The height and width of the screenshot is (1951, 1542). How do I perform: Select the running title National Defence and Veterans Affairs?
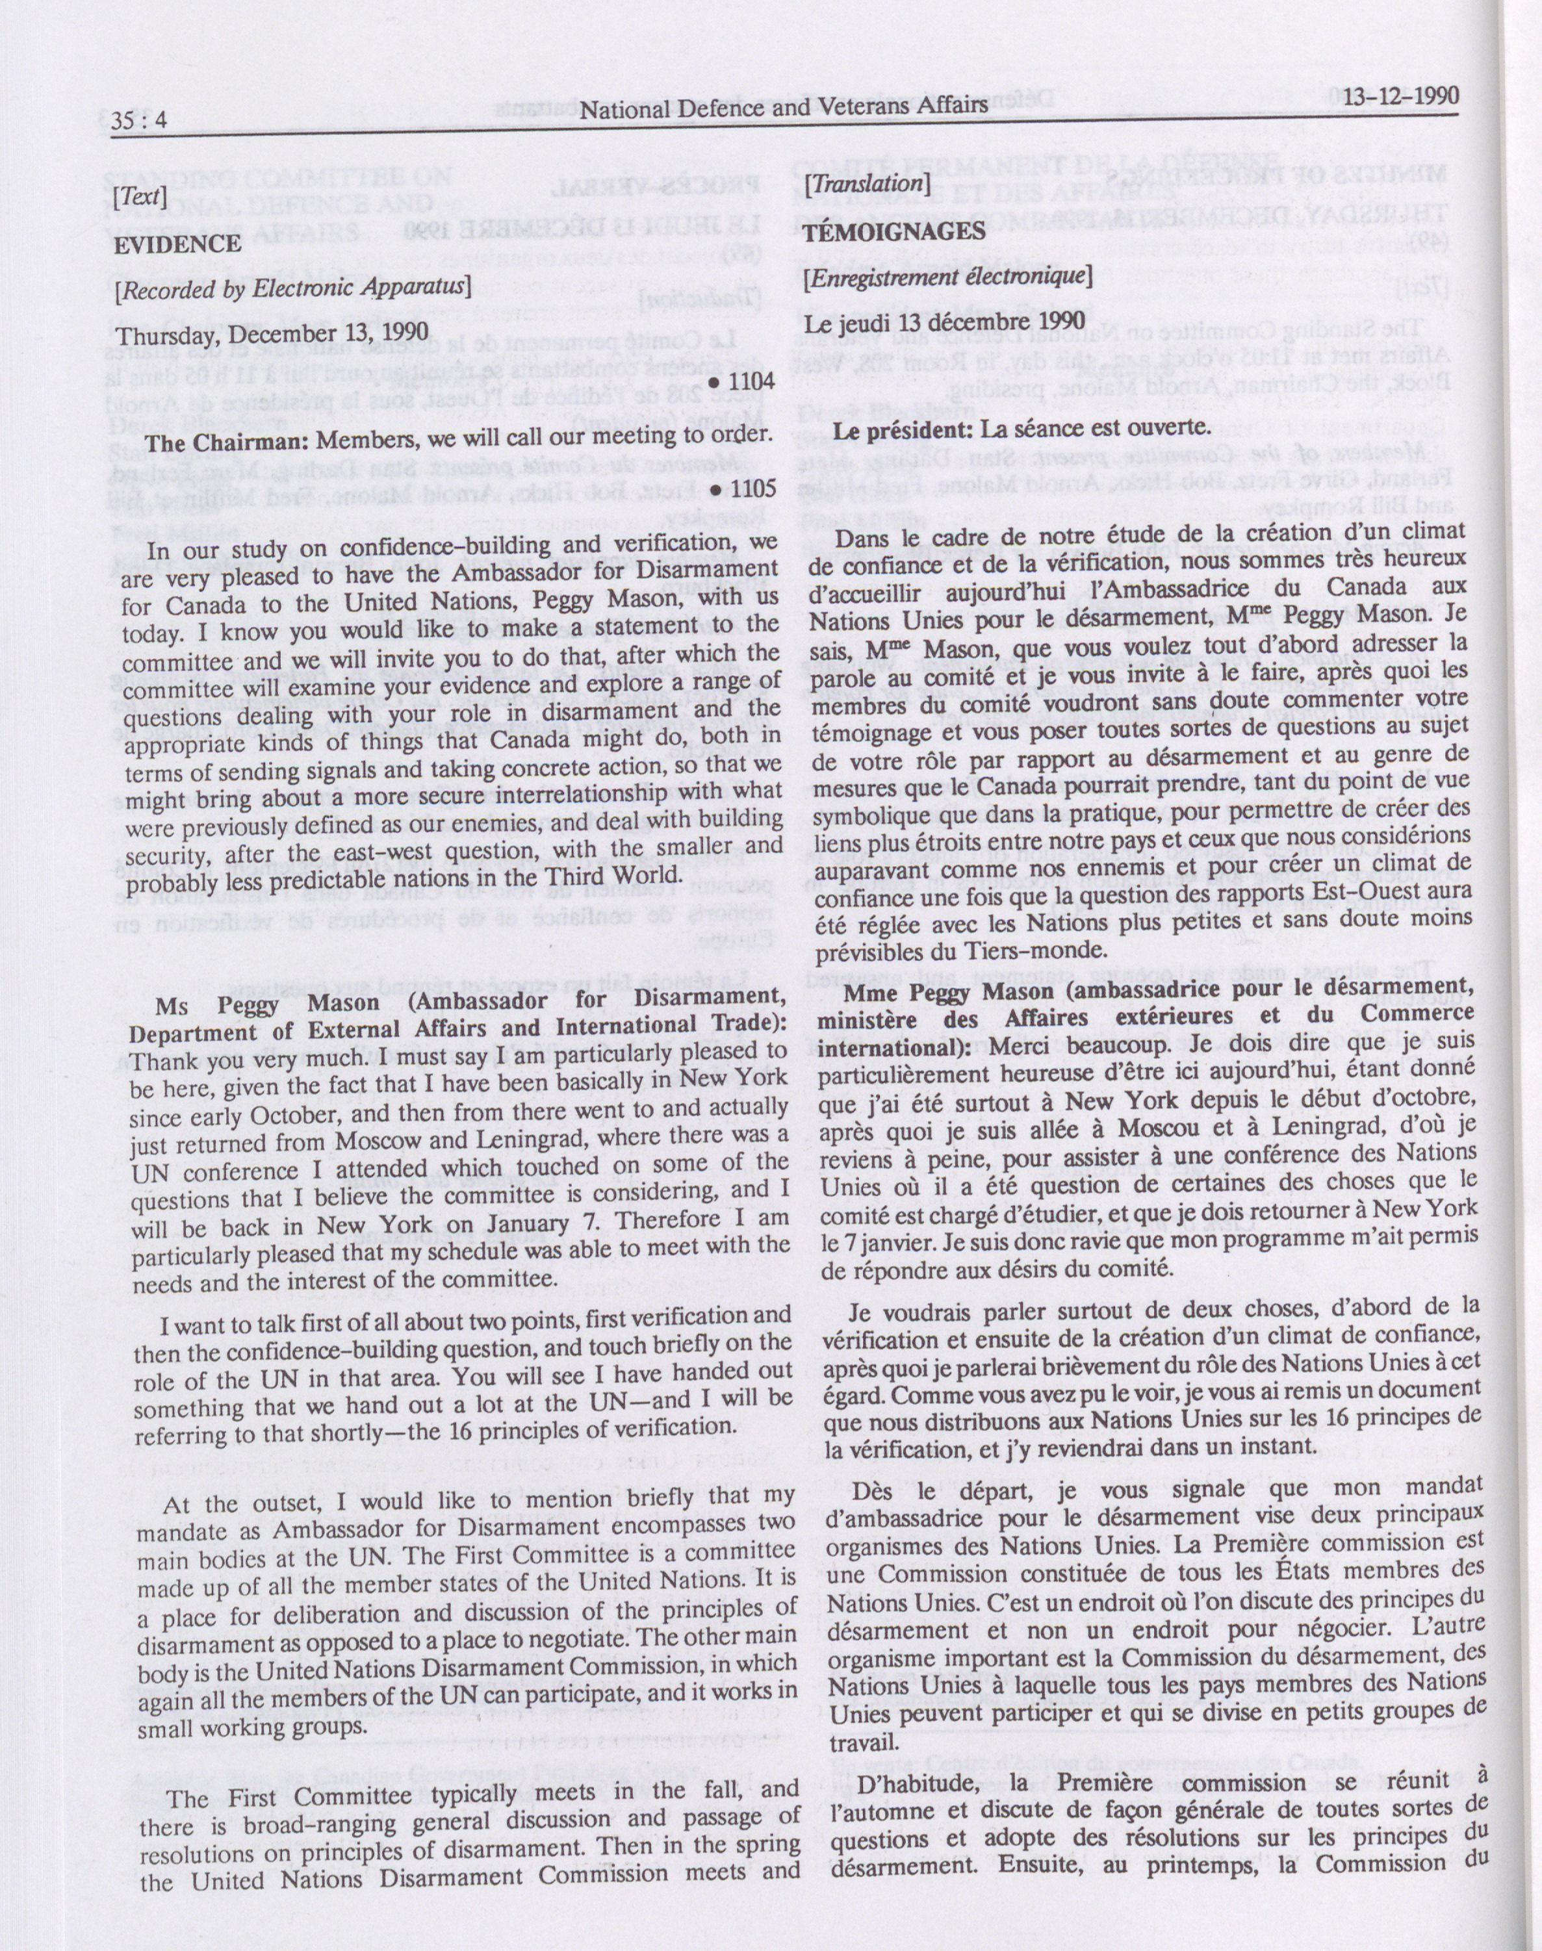coord(784,108)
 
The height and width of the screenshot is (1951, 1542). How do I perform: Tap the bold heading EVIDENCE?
coord(177,243)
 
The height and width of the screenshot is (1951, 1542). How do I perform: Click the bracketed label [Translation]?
coord(867,183)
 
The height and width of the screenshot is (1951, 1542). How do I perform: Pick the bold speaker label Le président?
coord(904,429)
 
